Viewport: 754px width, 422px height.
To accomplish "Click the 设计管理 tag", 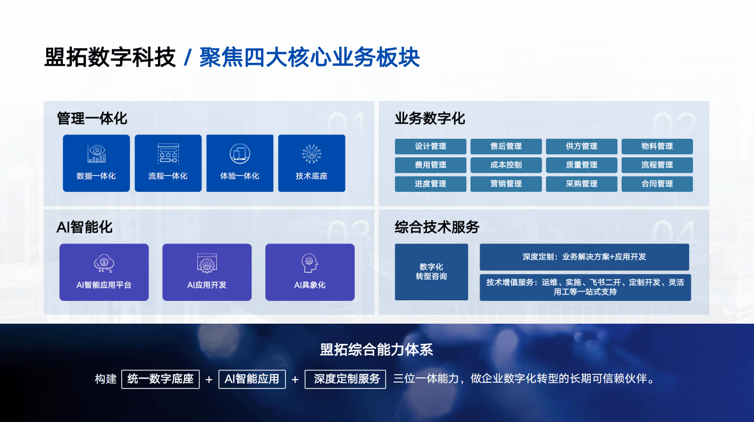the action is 431,146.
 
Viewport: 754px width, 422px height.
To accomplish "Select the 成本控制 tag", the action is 506,165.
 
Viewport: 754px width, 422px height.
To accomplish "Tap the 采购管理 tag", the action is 581,184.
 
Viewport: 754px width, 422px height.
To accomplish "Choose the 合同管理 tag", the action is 657,184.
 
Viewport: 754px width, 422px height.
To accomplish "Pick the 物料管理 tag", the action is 657,146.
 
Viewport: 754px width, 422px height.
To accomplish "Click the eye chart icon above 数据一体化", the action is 97,154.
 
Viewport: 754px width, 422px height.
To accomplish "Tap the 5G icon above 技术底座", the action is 312,154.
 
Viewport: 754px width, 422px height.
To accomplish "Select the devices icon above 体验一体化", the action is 240,154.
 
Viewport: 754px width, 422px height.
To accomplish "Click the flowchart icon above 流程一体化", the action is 168,154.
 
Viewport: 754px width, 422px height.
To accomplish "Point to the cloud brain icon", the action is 104,263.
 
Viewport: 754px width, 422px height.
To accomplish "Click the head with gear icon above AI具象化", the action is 309,263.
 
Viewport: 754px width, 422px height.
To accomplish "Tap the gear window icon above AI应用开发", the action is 207,263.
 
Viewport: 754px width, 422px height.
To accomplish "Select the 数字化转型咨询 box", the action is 431,272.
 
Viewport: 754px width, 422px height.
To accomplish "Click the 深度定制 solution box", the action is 584,257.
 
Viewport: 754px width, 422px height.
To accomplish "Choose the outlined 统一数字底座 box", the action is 160,379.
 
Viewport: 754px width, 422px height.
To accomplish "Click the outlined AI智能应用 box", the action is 252,379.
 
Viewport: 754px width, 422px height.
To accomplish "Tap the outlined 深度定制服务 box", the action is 345,379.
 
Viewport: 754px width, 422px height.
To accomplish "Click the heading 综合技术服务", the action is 437,227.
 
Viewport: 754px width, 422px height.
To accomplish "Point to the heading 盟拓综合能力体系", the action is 376,350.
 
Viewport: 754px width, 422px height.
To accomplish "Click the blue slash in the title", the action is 188,57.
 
